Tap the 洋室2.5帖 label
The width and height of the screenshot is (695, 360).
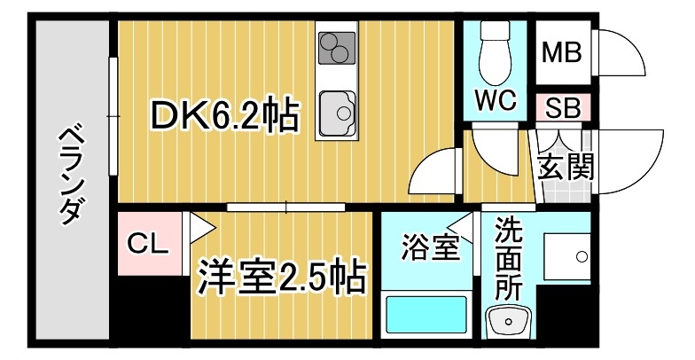[x=282, y=276]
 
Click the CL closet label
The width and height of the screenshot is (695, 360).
[x=147, y=243]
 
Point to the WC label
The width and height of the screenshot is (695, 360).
[x=495, y=100]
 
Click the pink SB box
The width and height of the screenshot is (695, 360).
[x=561, y=108]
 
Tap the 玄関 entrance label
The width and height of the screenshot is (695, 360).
[x=565, y=164]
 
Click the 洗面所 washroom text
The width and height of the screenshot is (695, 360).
[x=509, y=257]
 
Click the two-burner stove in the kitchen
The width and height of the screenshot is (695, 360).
[x=337, y=48]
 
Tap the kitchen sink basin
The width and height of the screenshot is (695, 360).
[x=336, y=113]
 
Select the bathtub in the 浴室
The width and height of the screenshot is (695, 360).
[x=425, y=315]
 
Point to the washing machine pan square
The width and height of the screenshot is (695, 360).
[x=566, y=258]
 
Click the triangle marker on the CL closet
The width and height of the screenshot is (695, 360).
[x=198, y=228]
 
